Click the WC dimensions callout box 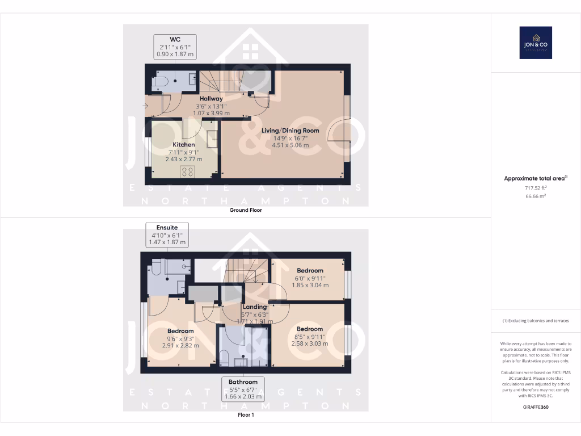[x=175, y=47]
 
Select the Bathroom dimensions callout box [x=243, y=389]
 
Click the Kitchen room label [x=184, y=145]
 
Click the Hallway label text [x=210, y=99]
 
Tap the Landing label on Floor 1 [x=255, y=307]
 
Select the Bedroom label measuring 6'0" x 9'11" [x=310, y=271]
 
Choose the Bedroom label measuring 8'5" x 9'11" [x=310, y=329]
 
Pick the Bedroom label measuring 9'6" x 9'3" [x=180, y=331]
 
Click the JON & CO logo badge [x=536, y=43]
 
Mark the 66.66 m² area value [x=536, y=196]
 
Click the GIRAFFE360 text [x=536, y=407]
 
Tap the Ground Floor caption [x=246, y=210]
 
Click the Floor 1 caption [x=246, y=415]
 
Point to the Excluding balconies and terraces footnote [x=536, y=321]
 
